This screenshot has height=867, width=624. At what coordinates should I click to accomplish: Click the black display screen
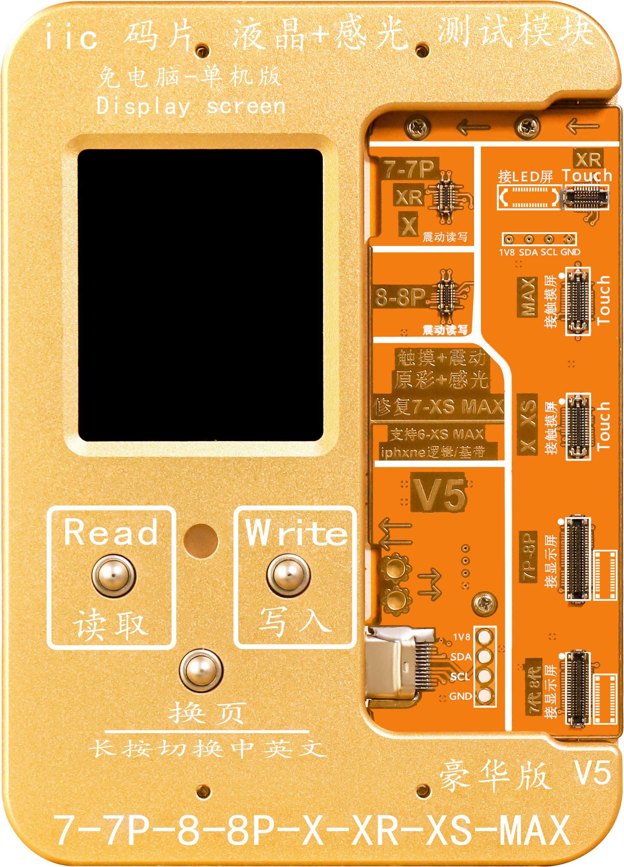coord(201,295)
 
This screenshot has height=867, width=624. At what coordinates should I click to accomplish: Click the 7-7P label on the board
coord(409,169)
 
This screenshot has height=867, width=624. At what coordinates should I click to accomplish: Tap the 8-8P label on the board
coord(400,297)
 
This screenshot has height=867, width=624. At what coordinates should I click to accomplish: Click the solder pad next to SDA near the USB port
coord(485,656)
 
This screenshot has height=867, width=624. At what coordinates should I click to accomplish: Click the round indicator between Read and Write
coord(201,541)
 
